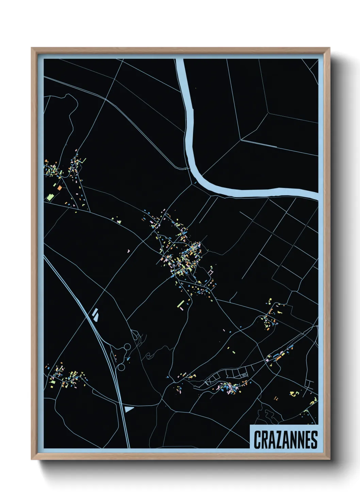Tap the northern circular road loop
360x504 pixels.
127,347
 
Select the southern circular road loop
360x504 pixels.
121,367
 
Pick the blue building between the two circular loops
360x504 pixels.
128,358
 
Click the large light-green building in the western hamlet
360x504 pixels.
50,197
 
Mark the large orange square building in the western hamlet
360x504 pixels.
60,187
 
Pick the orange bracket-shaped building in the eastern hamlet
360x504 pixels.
271,311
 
